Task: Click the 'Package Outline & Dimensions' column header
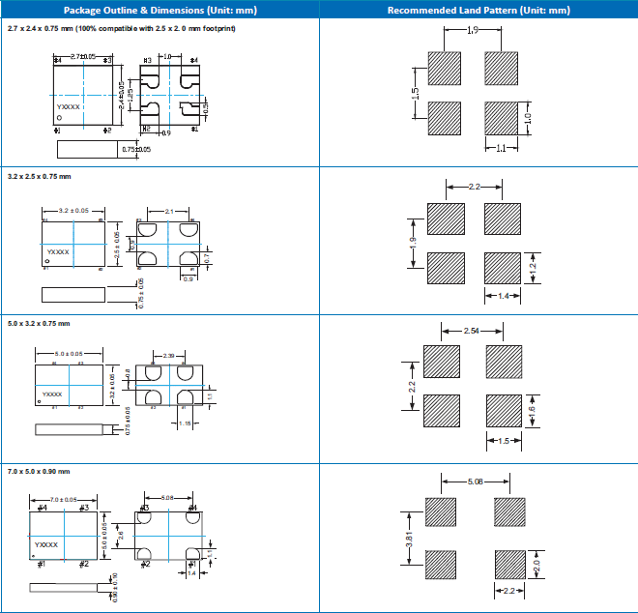(160, 11)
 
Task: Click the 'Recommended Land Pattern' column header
(478, 11)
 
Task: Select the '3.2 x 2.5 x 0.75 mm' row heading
(40, 177)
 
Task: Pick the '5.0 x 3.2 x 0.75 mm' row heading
(40, 323)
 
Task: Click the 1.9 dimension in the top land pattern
(471, 32)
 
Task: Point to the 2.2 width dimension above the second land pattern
(474, 186)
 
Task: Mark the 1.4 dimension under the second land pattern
(503, 295)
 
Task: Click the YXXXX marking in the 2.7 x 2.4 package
(69, 107)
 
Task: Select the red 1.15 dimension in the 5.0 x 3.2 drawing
(188, 423)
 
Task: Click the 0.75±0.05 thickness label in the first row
(135, 149)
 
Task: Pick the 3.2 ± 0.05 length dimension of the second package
(74, 210)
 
